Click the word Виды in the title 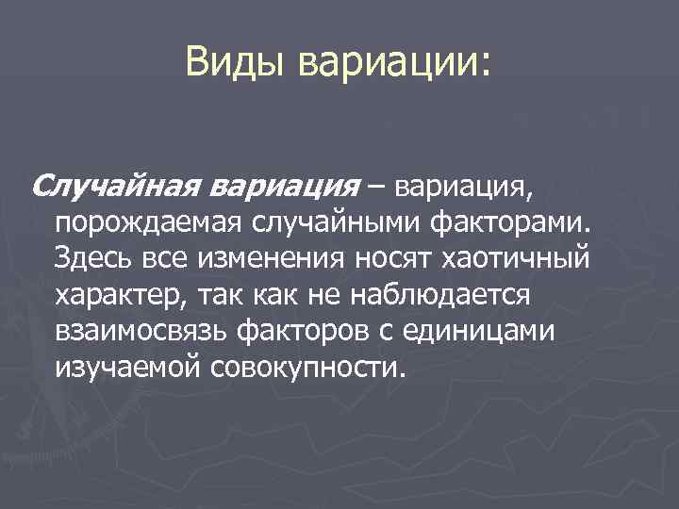pyautogui.click(x=237, y=62)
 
